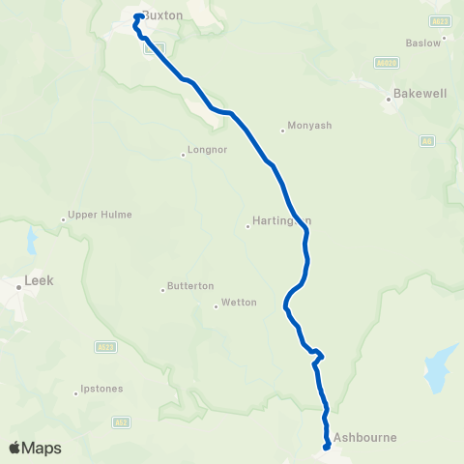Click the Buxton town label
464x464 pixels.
tap(163, 15)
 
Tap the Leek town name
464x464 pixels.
tap(39, 281)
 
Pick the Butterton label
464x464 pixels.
tap(190, 286)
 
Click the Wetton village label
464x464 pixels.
tap(239, 303)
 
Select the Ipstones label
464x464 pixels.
tap(101, 391)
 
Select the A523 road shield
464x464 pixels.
tap(105, 347)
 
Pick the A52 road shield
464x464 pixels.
tap(120, 421)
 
